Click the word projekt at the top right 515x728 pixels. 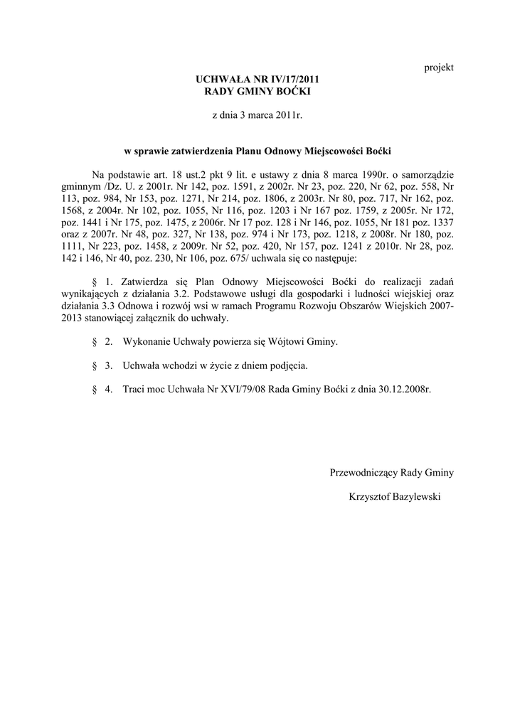click(x=439, y=68)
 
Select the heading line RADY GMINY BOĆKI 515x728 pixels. click(x=257, y=92)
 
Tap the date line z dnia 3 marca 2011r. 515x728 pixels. click(x=257, y=115)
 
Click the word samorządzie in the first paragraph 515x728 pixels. click(x=425, y=175)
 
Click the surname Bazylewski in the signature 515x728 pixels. click(x=413, y=497)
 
